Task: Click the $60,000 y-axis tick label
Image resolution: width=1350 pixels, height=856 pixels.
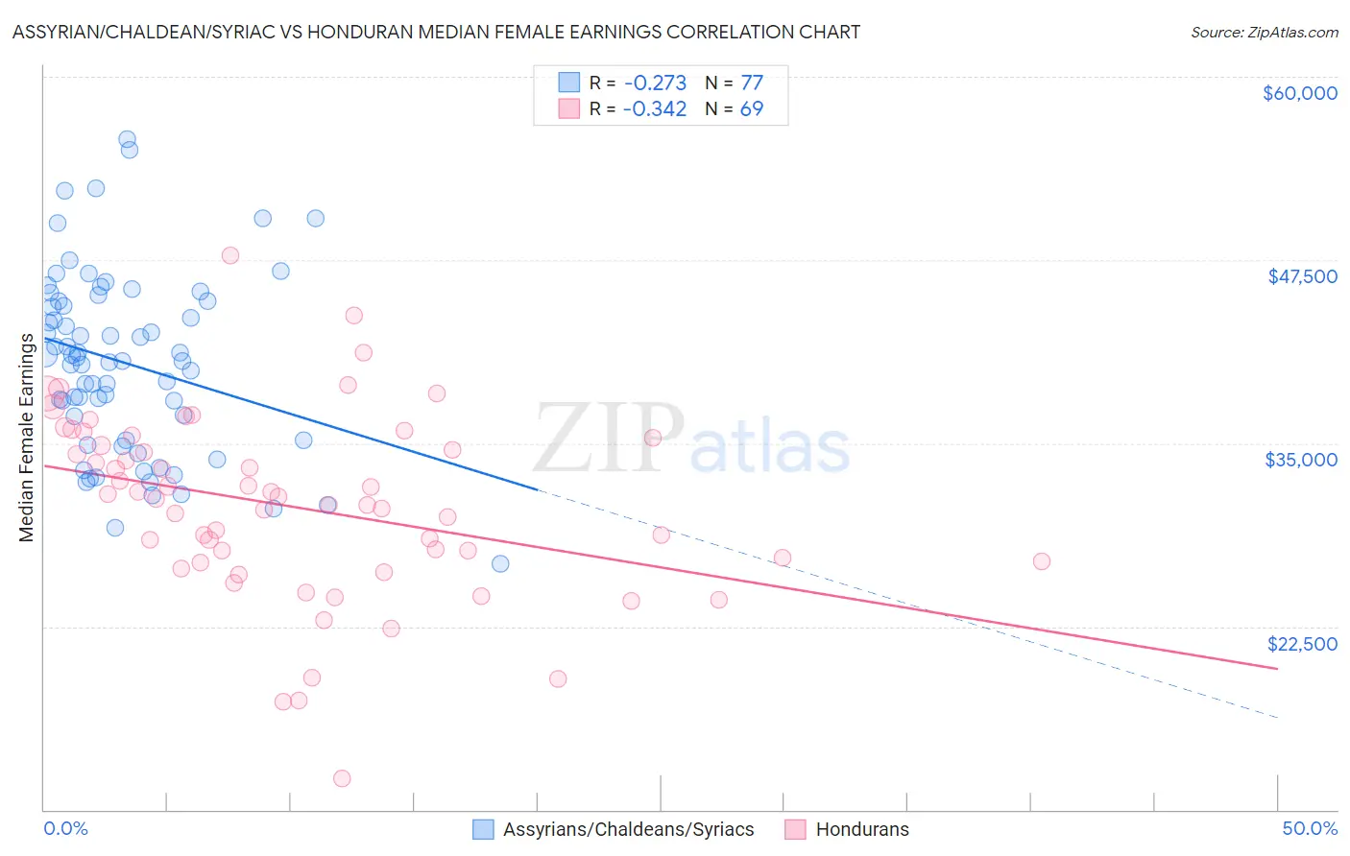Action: tap(1299, 93)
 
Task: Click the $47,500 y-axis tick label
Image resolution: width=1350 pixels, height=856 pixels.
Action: tap(1302, 276)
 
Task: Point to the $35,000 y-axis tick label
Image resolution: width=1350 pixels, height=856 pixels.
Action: tap(1300, 460)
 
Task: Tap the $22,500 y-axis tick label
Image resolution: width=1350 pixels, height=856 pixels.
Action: tap(1302, 644)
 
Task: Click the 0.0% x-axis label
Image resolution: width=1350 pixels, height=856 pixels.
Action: tap(65, 828)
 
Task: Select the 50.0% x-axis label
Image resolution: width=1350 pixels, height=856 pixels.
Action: tap(1310, 828)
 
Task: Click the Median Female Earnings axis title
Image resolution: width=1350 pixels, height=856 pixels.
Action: tap(27, 438)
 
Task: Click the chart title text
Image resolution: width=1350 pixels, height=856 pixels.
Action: tap(436, 32)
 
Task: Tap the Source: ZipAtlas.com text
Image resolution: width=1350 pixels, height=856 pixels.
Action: tap(1264, 32)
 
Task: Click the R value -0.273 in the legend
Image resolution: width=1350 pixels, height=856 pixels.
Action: tap(654, 83)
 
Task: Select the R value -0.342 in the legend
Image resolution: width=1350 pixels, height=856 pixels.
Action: tap(654, 108)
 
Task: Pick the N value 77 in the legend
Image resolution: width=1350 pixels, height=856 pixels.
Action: tap(751, 83)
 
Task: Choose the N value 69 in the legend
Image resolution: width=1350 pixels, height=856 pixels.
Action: tap(751, 108)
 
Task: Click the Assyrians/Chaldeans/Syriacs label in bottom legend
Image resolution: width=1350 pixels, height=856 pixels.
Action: tap(628, 829)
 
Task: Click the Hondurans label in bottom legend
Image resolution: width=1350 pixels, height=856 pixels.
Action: tap(861, 829)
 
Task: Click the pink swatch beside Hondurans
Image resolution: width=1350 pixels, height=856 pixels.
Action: tap(795, 829)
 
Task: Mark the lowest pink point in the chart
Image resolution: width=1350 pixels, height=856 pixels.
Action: tap(342, 778)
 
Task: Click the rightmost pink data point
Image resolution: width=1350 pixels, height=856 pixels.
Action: tap(1041, 561)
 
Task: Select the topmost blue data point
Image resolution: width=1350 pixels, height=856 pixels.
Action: tap(127, 139)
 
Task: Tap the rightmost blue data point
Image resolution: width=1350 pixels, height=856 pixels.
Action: tap(500, 563)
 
